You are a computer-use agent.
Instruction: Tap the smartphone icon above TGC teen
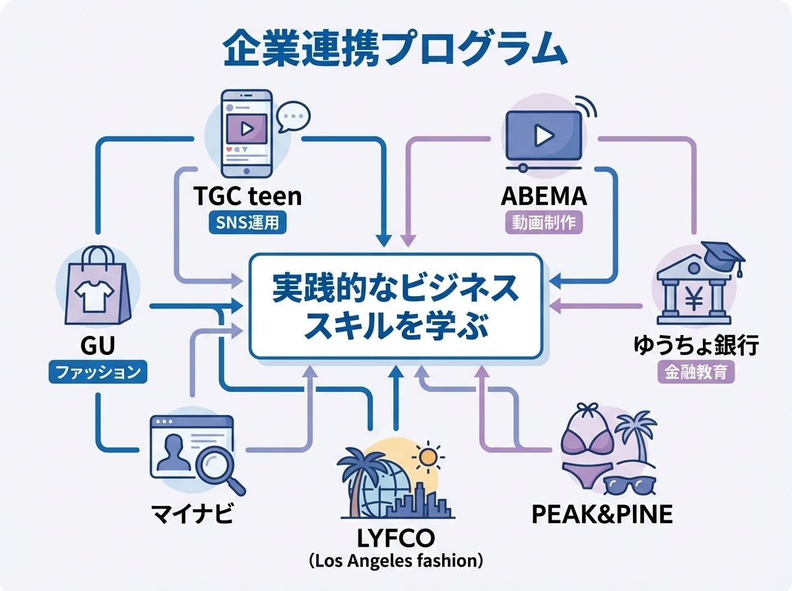[x=246, y=132]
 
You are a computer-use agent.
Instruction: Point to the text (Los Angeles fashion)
[x=395, y=562]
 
